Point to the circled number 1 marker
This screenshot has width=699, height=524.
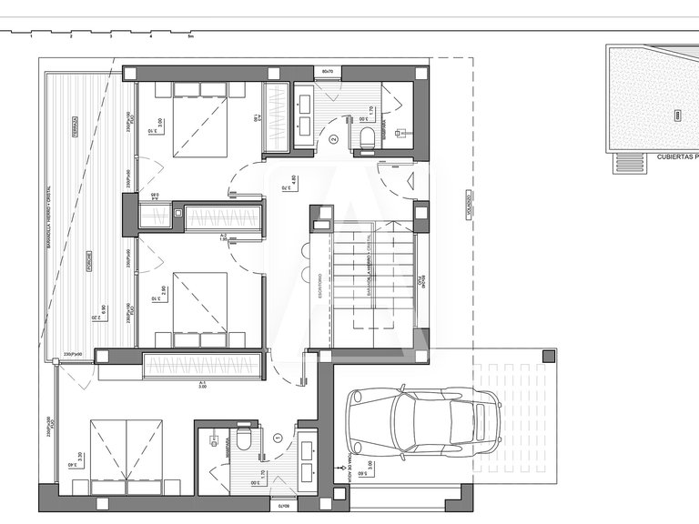pos(278,438)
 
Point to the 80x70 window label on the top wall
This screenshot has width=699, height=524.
pos(329,70)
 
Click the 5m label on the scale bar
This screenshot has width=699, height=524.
pos(190,37)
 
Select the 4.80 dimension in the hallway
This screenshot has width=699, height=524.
pos(293,179)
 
